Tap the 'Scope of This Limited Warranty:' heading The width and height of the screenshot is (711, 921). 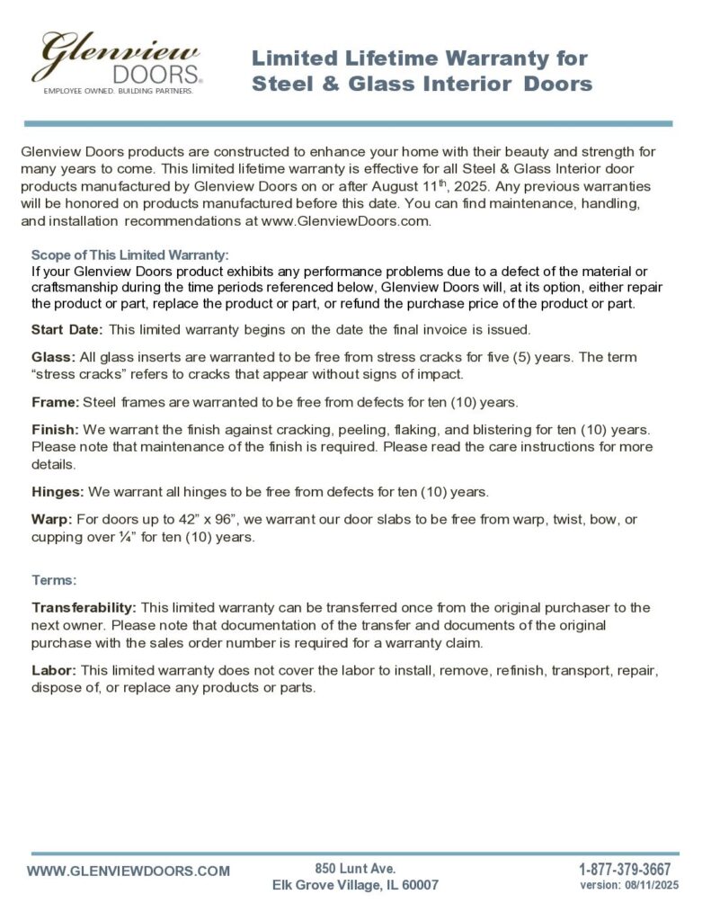click(130, 255)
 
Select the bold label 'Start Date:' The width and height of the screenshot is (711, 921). click(67, 328)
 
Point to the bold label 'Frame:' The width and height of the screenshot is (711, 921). click(55, 400)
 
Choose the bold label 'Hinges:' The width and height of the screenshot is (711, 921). click(58, 491)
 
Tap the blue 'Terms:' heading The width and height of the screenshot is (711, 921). click(54, 580)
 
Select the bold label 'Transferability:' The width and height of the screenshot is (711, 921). click(84, 608)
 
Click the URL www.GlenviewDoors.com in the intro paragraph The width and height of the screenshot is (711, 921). click(352, 220)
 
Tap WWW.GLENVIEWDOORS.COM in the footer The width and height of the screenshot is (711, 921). click(129, 871)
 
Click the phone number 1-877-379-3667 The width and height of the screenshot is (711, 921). click(625, 869)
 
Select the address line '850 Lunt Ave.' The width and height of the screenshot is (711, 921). click(355, 868)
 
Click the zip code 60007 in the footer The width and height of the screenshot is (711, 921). click(417, 885)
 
